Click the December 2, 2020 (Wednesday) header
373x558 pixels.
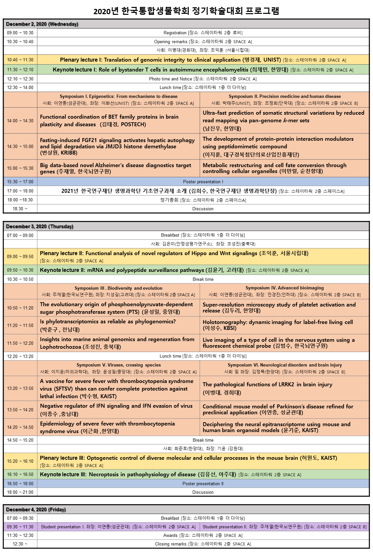pyautogui.click(x=42, y=24)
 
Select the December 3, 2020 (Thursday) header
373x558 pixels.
pyautogui.click(x=40, y=226)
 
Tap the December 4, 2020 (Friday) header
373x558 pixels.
pyautogui.click(x=36, y=510)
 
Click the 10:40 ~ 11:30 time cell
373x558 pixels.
pyautogui.click(x=20, y=60)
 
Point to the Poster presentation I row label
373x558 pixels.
pyautogui.click(x=203, y=182)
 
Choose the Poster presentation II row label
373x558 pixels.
pyautogui.click(x=203, y=484)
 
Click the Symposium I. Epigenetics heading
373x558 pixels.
pyautogui.click(x=119, y=96)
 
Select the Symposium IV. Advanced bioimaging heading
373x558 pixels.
pyautogui.click(x=285, y=288)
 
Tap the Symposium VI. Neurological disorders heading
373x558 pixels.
pyautogui.click(x=285, y=365)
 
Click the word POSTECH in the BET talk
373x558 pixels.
pyautogui.click(x=133, y=124)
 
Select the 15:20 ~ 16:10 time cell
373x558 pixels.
pyautogui.click(x=20, y=461)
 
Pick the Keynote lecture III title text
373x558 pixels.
pyautogui.click(x=138, y=474)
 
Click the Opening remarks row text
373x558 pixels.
pyautogui.click(x=203, y=42)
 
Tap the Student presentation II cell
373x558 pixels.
pyautogui.click(x=285, y=527)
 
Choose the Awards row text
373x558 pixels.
pyautogui.click(x=203, y=535)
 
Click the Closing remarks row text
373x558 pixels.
pyautogui.click(x=203, y=544)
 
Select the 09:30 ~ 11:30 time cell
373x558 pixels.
pyautogui.click(x=20, y=527)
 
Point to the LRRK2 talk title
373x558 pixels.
pyautogui.click(x=267, y=384)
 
